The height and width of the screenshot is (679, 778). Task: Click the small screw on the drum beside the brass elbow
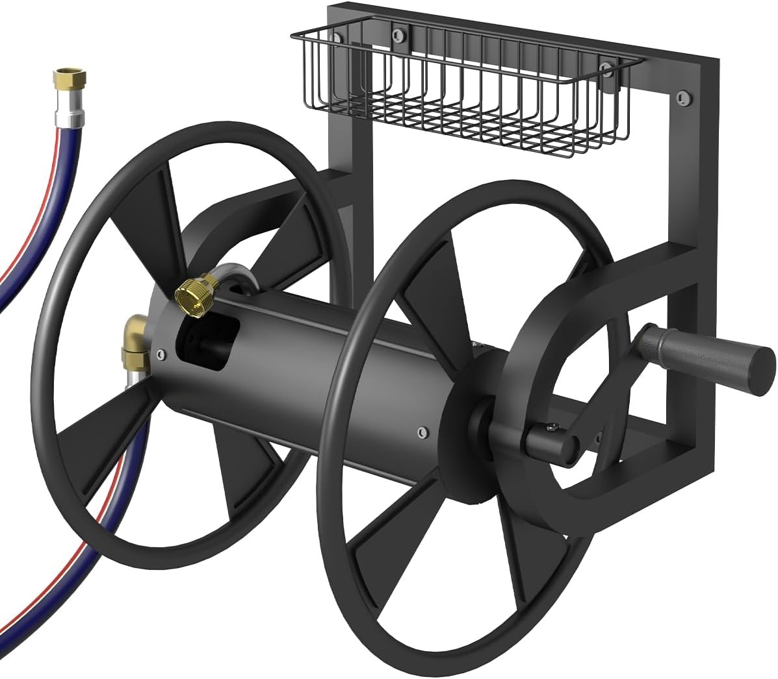coord(160,353)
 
